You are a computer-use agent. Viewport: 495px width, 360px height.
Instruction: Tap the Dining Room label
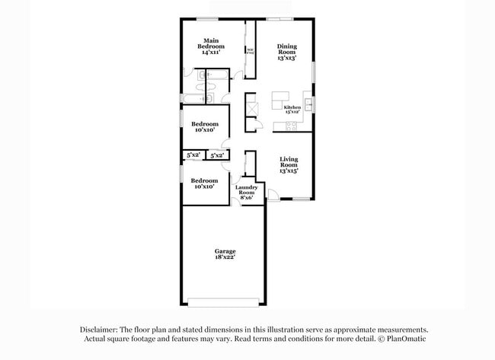pyautogui.click(x=286, y=49)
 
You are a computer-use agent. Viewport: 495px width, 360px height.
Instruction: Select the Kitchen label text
pyautogui.click(x=292, y=107)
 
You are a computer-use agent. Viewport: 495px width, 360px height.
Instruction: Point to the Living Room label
pyautogui.click(x=288, y=162)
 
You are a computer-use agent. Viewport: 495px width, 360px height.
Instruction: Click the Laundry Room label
pyautogui.click(x=245, y=190)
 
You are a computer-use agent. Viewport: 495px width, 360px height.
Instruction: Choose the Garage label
pyautogui.click(x=224, y=251)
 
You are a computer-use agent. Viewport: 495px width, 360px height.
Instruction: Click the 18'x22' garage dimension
pyautogui.click(x=224, y=258)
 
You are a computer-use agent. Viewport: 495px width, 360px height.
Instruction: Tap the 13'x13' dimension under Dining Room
pyautogui.click(x=286, y=58)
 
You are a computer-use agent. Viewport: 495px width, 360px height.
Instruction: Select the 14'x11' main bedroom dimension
pyautogui.click(x=212, y=52)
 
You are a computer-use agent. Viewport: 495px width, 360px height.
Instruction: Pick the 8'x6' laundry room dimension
pyautogui.click(x=245, y=198)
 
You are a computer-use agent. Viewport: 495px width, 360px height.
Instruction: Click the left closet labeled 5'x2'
pyautogui.click(x=193, y=155)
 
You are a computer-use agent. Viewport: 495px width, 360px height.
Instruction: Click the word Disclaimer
pyautogui.click(x=101, y=330)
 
